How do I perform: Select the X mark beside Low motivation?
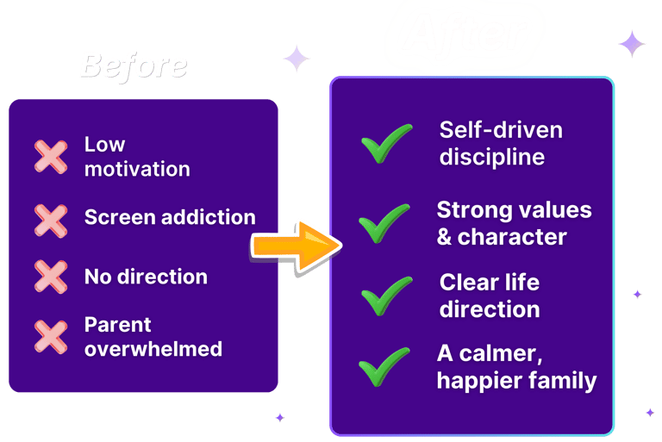tap(51, 157)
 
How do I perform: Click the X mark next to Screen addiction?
tap(51, 218)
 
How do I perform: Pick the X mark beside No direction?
tap(51, 277)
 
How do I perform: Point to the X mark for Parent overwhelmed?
tap(51, 336)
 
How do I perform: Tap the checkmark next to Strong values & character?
tap(384, 224)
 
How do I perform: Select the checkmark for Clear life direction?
tap(387, 296)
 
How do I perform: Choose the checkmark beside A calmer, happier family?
tap(384, 366)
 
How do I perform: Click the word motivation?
tap(137, 169)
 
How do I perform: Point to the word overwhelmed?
tap(153, 349)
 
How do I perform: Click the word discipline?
tap(492, 158)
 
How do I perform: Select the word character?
tap(512, 237)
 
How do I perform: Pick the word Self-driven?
tap(501, 130)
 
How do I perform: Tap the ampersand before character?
tap(445, 237)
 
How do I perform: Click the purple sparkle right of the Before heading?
tap(297, 59)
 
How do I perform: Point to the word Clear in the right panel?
tap(470, 283)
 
